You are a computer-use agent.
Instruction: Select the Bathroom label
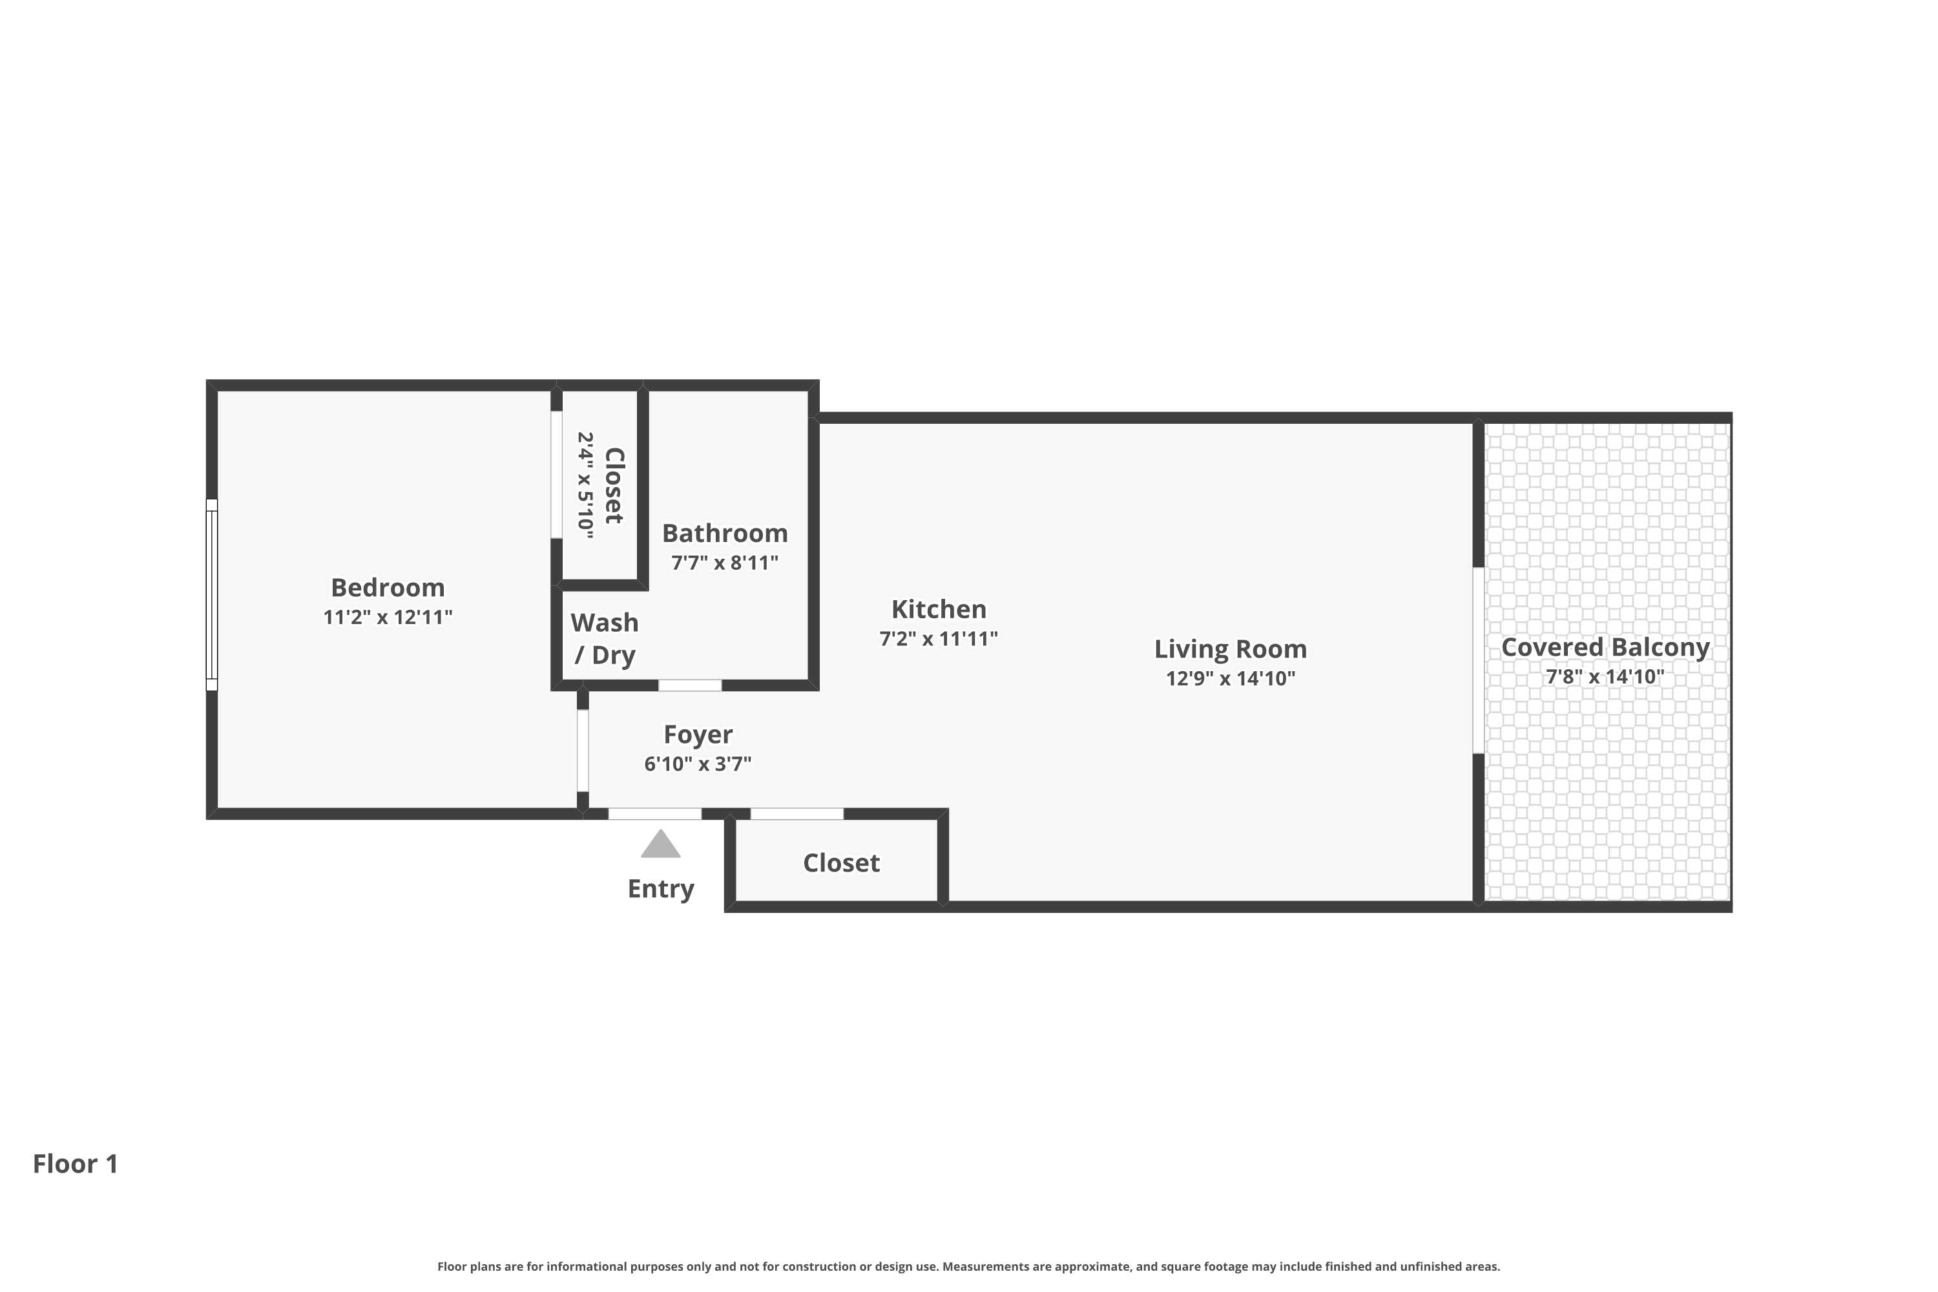point(724,533)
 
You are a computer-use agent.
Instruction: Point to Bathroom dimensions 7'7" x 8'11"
point(724,563)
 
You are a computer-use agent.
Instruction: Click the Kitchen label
point(939,609)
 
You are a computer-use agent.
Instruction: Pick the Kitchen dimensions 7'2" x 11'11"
point(939,639)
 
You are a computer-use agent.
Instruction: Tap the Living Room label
point(1230,649)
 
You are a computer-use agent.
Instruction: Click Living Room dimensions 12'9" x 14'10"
point(1230,678)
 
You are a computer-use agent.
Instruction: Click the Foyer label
point(698,734)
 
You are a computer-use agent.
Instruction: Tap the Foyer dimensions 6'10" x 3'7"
point(698,764)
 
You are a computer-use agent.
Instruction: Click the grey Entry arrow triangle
point(661,846)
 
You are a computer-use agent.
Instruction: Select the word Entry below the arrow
point(661,888)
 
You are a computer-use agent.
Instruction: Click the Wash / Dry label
point(605,639)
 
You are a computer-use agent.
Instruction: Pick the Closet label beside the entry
point(841,862)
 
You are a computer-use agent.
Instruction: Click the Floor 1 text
point(76,1163)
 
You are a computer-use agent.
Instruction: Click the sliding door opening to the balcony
point(1478,660)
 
